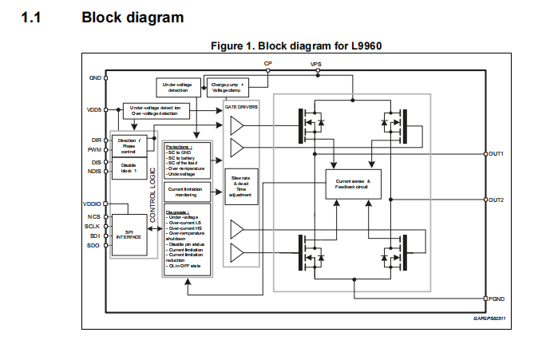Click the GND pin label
click(95, 77)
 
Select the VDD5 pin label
click(93, 109)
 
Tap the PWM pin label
click(94, 149)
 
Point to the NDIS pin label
click(94, 170)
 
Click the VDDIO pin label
click(93, 204)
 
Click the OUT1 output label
click(496, 153)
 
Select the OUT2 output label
click(496, 199)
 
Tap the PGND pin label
click(496, 298)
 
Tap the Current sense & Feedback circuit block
click(354, 185)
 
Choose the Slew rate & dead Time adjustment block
click(240, 185)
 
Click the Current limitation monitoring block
click(187, 191)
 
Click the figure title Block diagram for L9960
click(296, 45)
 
